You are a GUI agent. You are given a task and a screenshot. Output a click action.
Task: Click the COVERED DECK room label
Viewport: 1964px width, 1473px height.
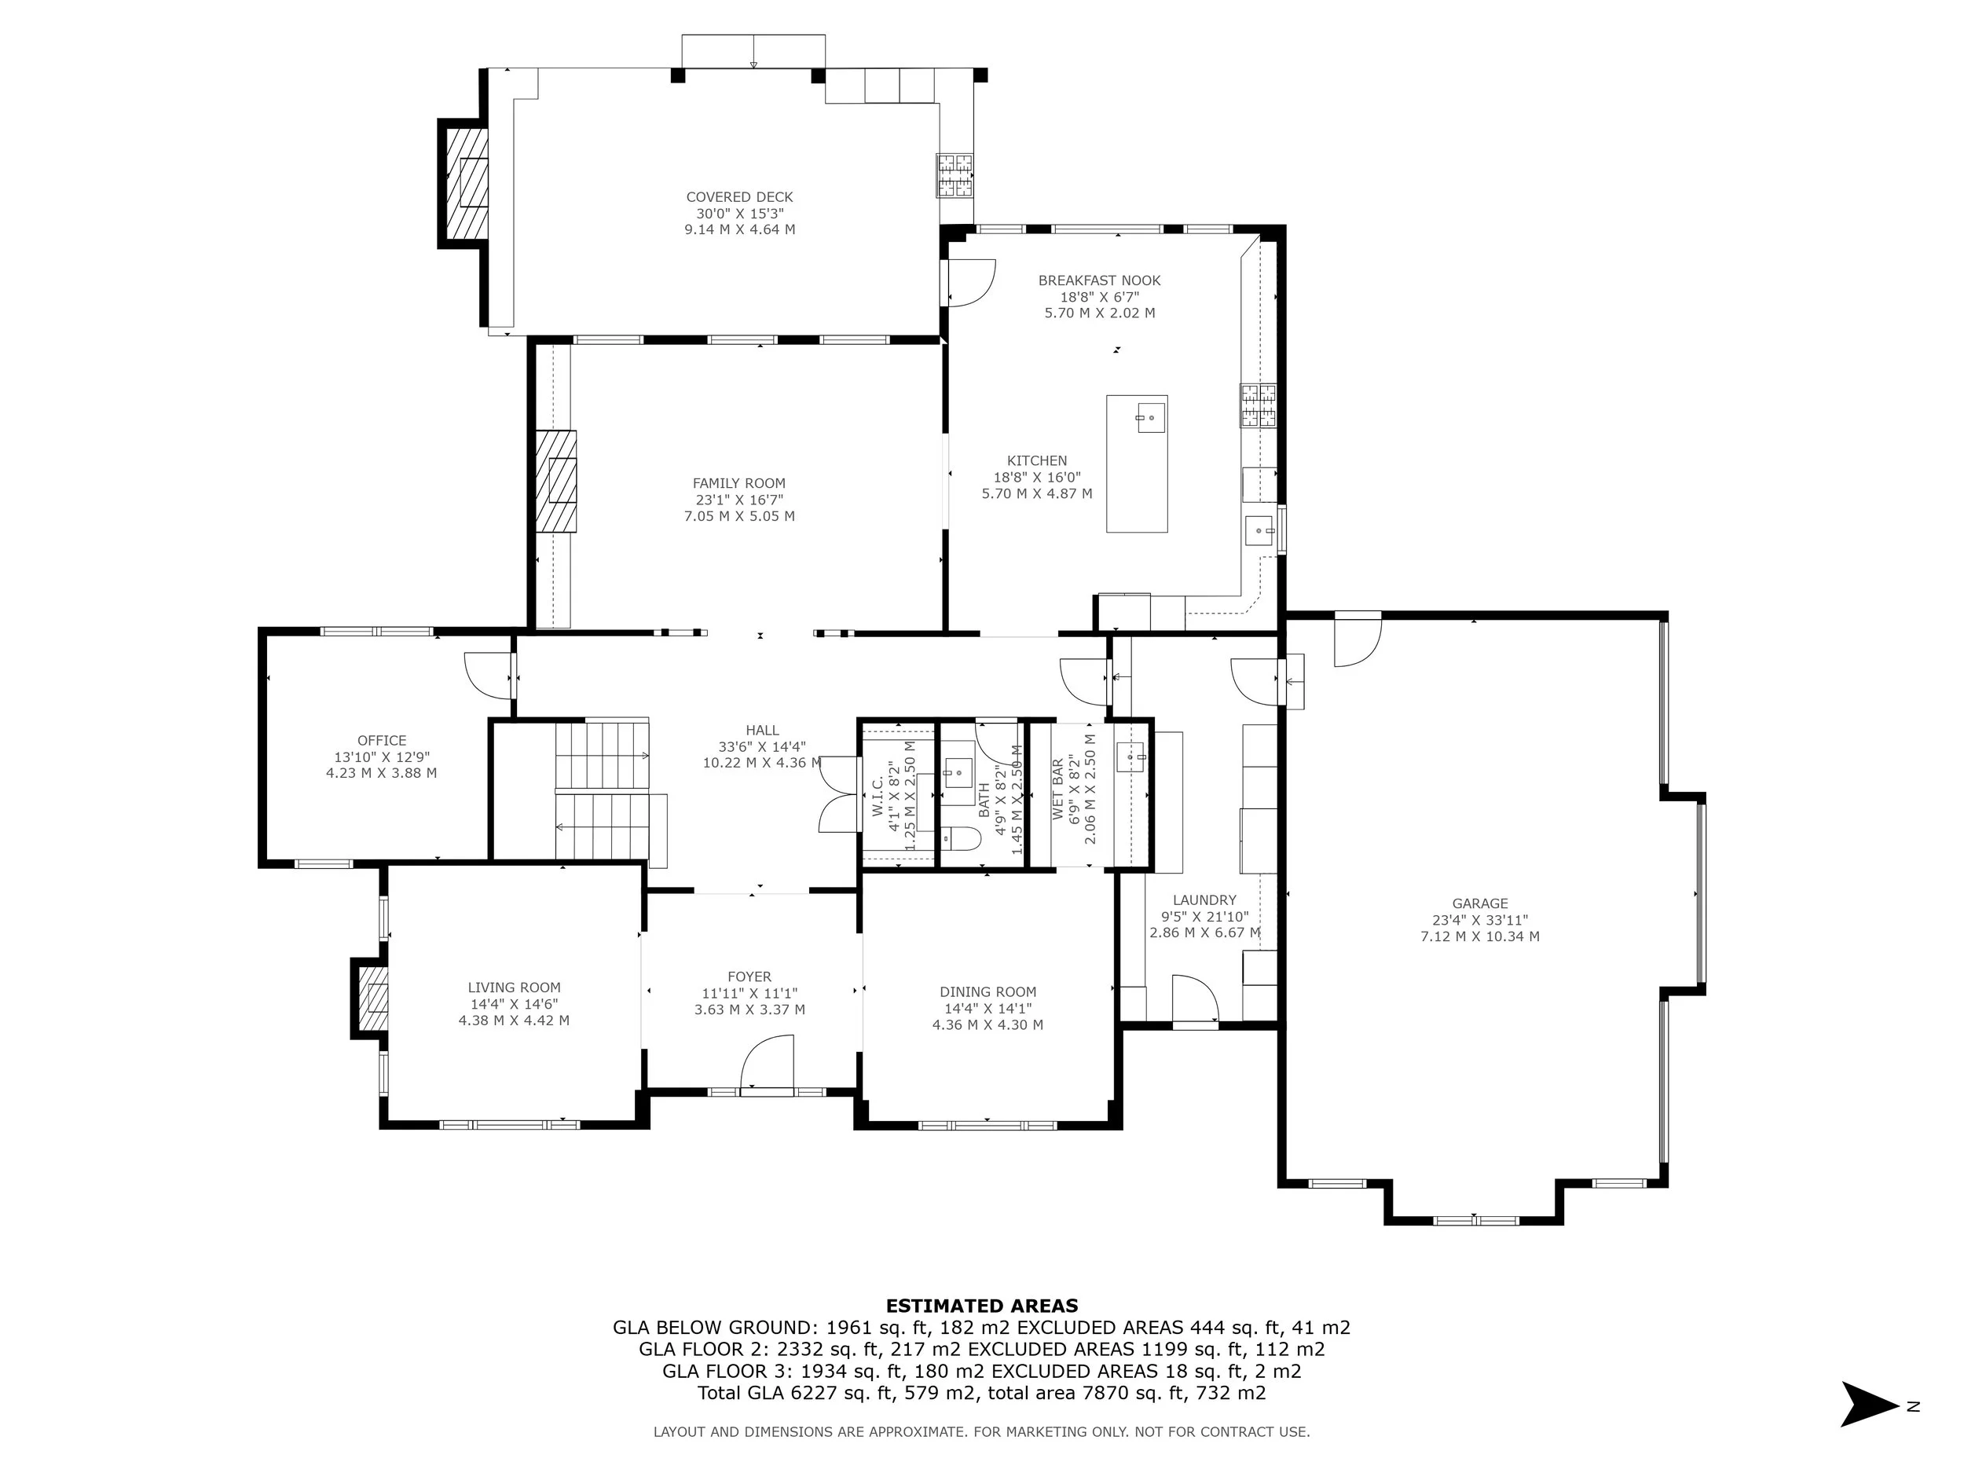tap(739, 197)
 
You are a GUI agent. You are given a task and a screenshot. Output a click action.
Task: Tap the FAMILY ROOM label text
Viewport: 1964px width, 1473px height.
tap(738, 483)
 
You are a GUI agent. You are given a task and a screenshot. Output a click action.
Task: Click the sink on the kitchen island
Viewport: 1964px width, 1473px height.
tap(1150, 416)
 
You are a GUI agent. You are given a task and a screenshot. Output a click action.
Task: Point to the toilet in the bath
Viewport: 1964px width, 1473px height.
tap(960, 837)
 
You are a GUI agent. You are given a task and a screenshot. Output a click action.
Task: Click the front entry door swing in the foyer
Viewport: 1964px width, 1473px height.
tap(766, 1062)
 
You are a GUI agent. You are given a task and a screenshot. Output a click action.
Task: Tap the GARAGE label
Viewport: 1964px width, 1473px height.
tap(1480, 904)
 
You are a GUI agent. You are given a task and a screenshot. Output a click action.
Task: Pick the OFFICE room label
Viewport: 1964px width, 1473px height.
tap(382, 741)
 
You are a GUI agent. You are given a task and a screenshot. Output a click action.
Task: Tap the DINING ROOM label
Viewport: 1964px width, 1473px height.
tap(988, 991)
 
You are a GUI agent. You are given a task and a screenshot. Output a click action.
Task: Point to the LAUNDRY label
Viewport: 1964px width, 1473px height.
tap(1204, 900)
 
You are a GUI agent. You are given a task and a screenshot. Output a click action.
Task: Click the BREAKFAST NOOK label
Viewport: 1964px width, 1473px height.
tap(1099, 280)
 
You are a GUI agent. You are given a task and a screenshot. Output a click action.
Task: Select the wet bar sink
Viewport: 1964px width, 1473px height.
tap(1130, 757)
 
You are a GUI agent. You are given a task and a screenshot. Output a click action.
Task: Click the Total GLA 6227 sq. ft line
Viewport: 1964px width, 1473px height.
tap(982, 1392)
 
